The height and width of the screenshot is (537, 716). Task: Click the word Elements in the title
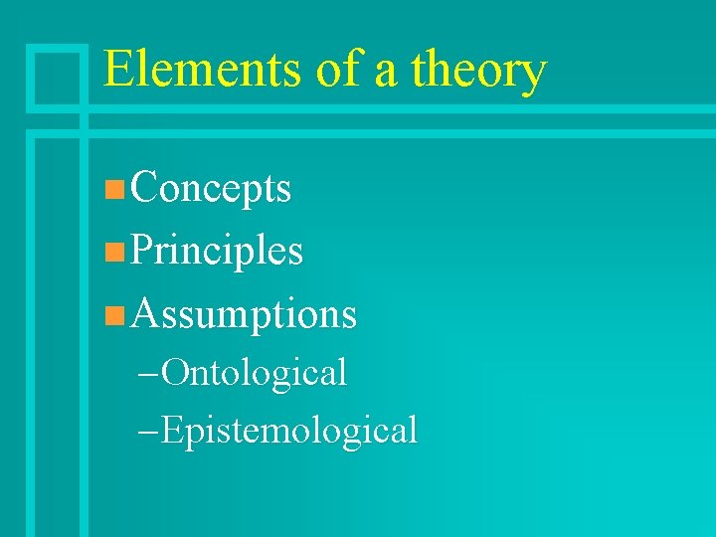(202, 70)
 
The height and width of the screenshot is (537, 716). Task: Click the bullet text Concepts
(210, 188)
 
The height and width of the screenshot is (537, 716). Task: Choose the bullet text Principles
(216, 251)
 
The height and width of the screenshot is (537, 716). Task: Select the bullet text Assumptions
(243, 314)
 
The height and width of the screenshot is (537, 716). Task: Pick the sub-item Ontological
(254, 372)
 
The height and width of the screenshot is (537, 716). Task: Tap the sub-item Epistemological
(288, 431)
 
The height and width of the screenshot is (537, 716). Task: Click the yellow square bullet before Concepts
(114, 189)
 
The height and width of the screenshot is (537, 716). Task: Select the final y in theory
(533, 76)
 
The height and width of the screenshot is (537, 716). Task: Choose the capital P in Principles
(141, 251)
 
